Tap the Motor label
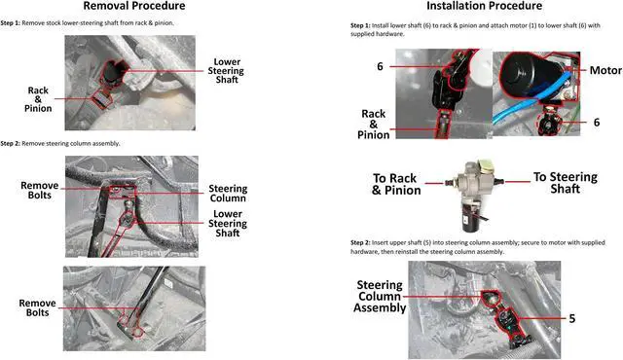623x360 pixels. pos(605,70)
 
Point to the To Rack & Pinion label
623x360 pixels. pos(396,184)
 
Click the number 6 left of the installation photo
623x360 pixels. pos(379,67)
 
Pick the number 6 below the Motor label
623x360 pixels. pos(597,123)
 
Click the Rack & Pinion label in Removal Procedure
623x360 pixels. pos(40,99)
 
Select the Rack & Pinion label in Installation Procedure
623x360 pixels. pos(374,125)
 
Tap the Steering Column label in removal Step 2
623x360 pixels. pos(229,196)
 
